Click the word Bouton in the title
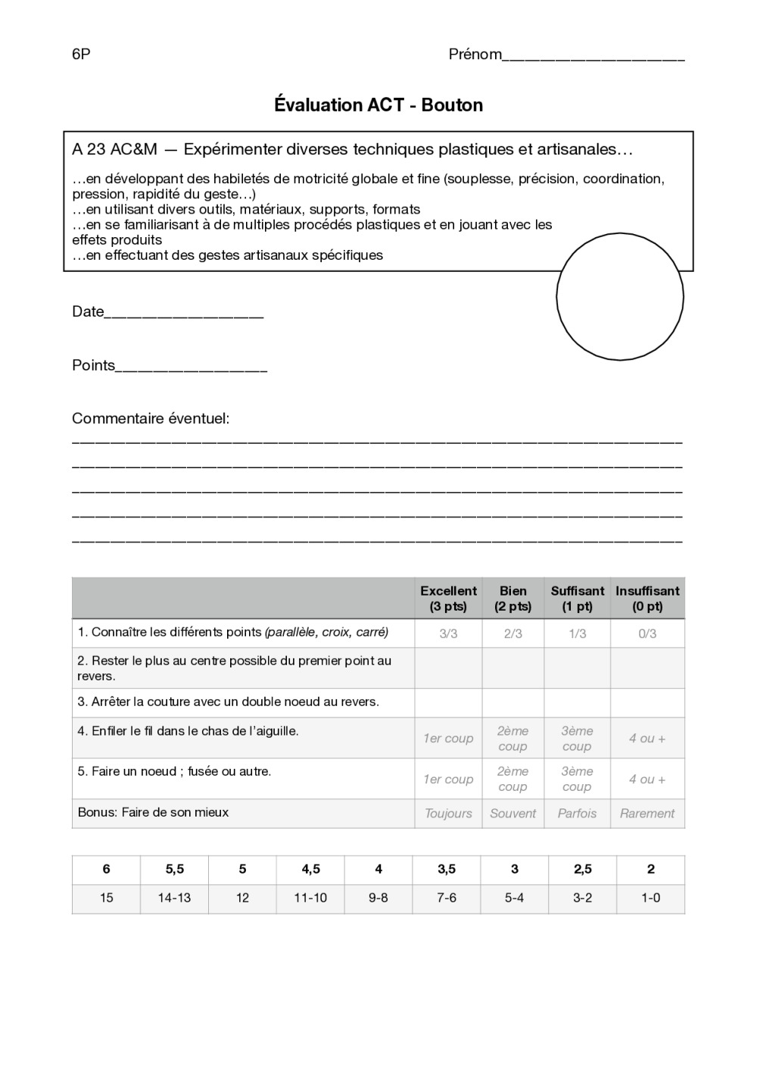[x=452, y=105]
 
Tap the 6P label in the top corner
[x=81, y=55]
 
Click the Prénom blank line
[x=593, y=58]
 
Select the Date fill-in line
[x=183, y=316]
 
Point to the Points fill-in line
[x=192, y=370]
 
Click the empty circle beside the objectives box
[x=620, y=296]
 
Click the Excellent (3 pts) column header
[x=448, y=599]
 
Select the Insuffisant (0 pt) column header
[x=647, y=599]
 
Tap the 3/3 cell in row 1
[x=448, y=633]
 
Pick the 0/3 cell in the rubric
[x=647, y=633]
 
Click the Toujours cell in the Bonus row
[x=448, y=814]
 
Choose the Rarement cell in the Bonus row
[x=647, y=814]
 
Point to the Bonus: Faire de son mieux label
[x=153, y=812]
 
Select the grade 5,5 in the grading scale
[x=175, y=870]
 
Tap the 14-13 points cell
[x=175, y=899]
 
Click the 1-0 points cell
[x=650, y=899]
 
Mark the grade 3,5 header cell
[x=447, y=870]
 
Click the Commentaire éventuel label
[x=151, y=419]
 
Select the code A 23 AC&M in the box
[x=114, y=150]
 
